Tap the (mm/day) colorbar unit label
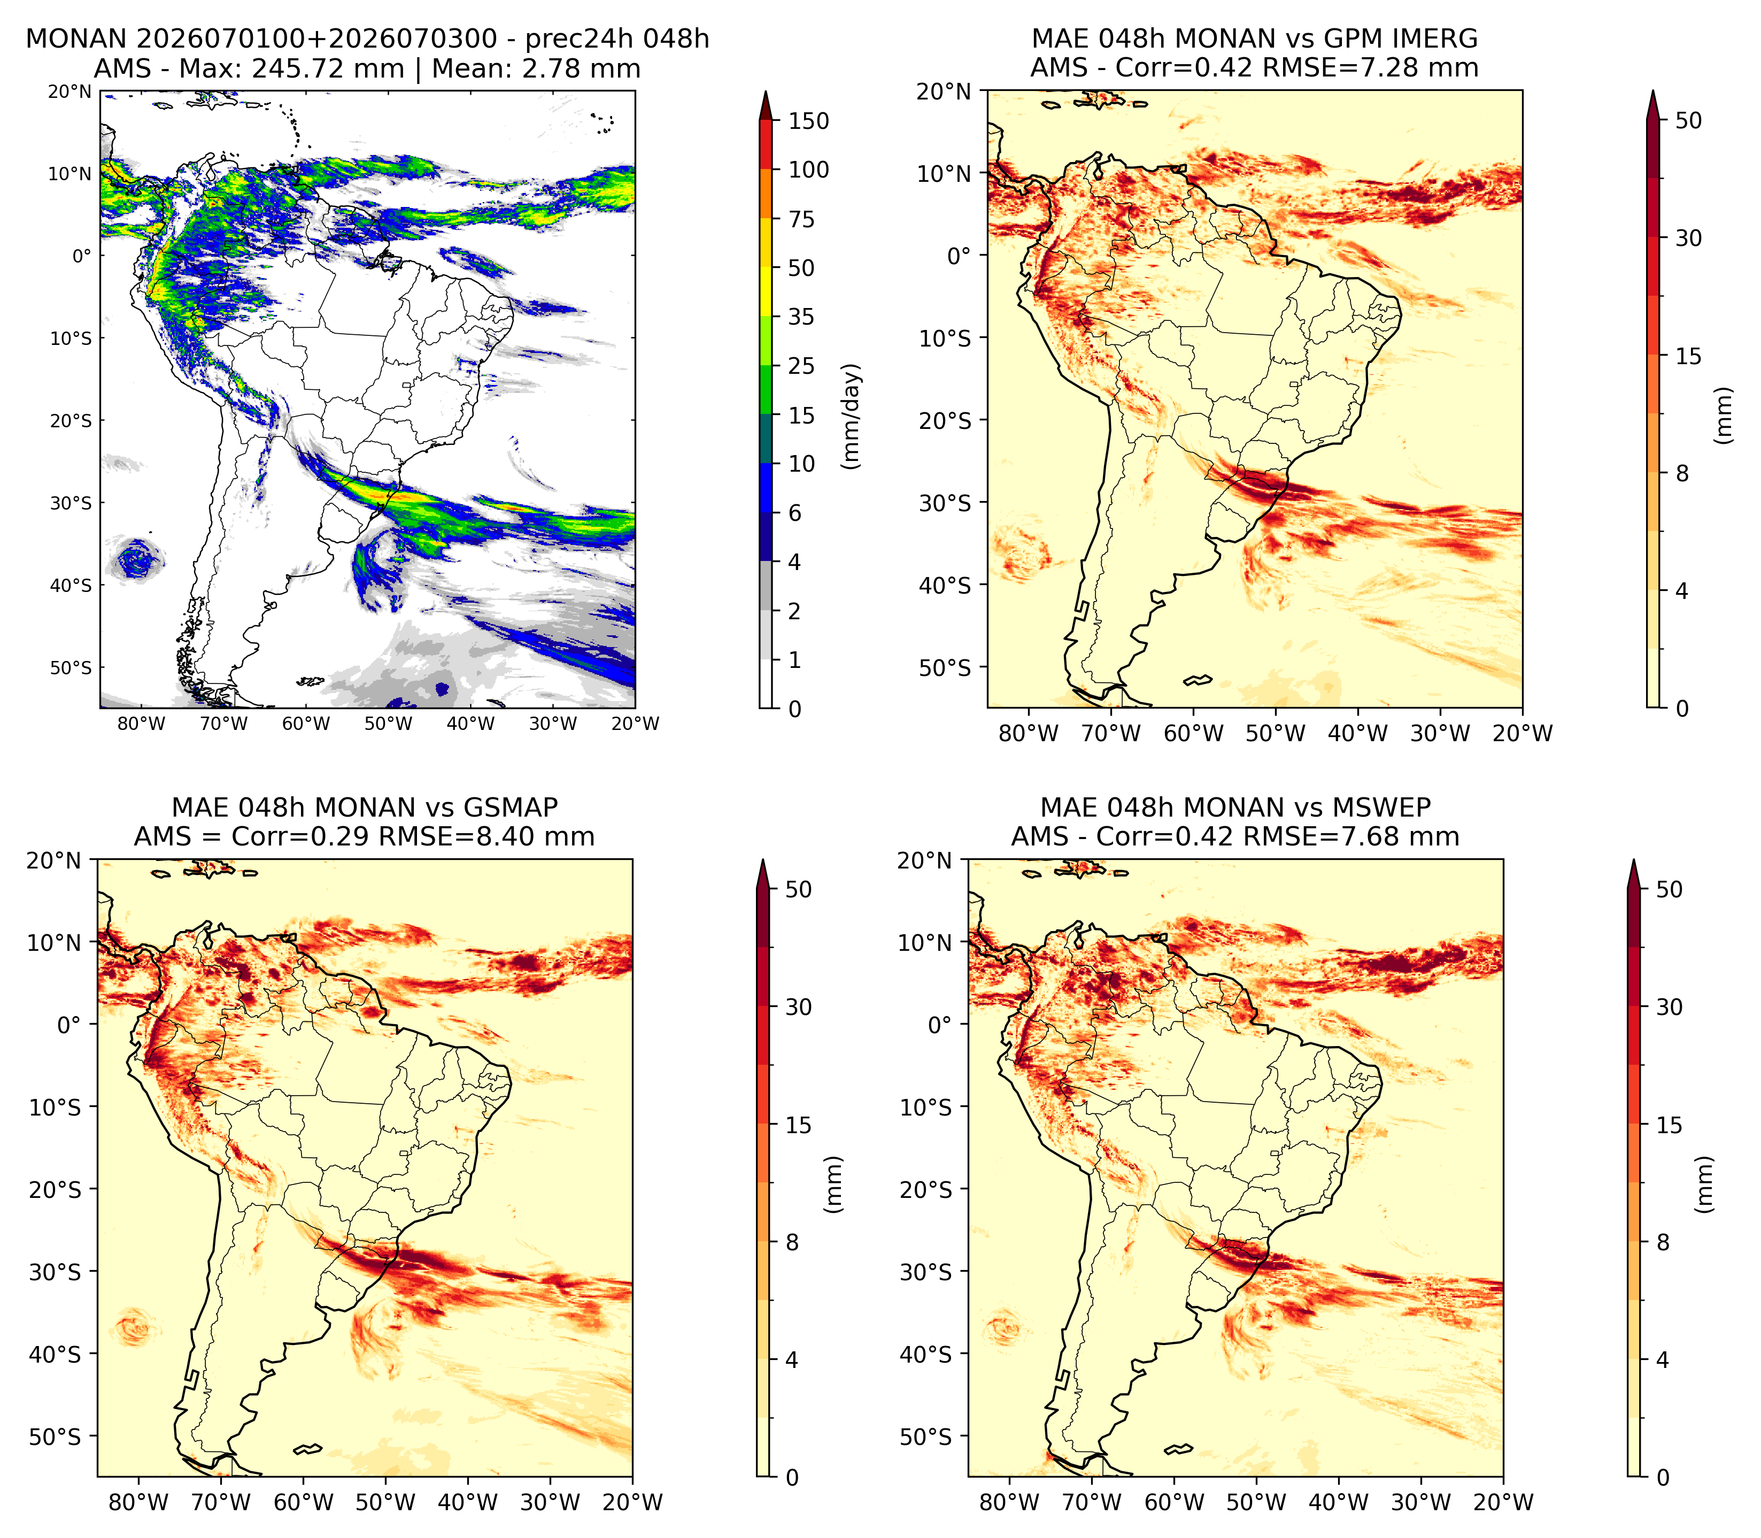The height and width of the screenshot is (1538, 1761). tap(851, 416)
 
